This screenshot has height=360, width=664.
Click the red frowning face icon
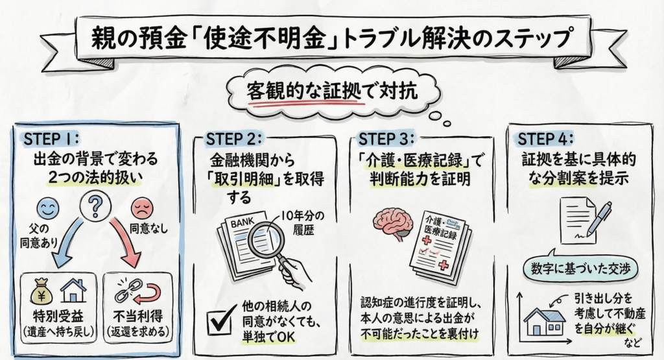141,208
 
